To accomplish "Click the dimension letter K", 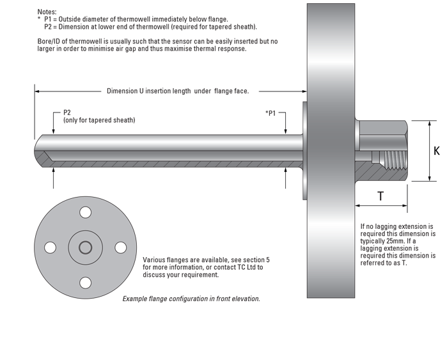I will [x=437, y=152].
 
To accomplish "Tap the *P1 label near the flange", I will [x=270, y=113].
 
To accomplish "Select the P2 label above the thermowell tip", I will [x=67, y=113].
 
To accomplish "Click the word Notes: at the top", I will [x=47, y=12].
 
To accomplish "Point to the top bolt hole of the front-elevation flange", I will [x=84, y=212].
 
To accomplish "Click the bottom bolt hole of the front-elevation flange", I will [x=84, y=281].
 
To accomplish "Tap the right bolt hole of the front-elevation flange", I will [x=119, y=247].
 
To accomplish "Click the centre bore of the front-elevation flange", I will [x=84, y=247].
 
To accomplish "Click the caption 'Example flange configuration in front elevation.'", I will [x=191, y=299].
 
